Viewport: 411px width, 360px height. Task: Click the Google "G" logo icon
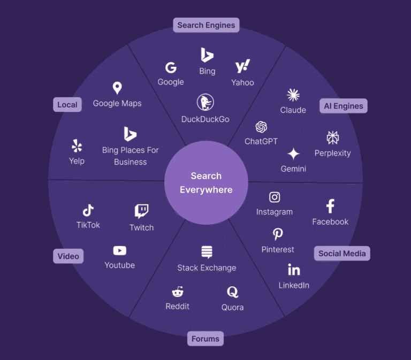171,67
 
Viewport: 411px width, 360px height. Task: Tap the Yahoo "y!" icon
242,67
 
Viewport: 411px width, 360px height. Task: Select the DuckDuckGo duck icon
205,102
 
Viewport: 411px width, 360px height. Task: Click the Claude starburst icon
293,95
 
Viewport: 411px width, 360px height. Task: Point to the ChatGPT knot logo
261,127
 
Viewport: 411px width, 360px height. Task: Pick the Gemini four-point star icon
293,154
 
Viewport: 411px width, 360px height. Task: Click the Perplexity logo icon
332,137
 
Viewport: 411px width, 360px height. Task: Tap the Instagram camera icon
275,197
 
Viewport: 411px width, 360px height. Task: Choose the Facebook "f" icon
330,206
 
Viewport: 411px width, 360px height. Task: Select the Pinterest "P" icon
278,234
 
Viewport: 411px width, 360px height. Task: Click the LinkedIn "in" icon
294,269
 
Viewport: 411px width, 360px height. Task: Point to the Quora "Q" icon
232,292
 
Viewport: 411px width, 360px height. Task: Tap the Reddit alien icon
177,292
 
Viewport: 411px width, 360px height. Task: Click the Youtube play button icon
119,250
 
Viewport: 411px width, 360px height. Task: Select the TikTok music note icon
88,210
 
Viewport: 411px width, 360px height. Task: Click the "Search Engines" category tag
206,25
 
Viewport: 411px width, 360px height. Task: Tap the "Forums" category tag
205,339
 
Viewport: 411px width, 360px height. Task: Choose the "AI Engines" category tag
343,106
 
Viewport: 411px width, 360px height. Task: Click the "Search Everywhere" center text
206,182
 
